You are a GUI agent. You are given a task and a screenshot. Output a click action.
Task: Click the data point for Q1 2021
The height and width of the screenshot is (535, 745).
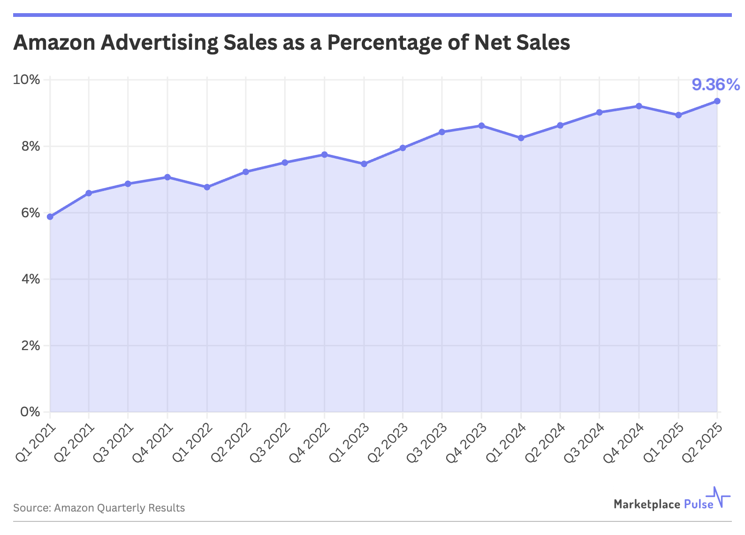click(x=50, y=217)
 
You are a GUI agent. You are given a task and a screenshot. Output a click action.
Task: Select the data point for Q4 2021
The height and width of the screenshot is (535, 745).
click(x=167, y=177)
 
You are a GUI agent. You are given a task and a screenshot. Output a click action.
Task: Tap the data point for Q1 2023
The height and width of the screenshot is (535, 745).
click(x=364, y=164)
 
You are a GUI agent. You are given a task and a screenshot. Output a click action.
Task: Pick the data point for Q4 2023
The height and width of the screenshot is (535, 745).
click(x=482, y=126)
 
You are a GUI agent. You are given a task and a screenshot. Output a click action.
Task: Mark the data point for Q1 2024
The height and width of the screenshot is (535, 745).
click(x=521, y=138)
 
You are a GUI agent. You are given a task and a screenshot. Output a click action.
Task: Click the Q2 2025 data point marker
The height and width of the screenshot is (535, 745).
click(x=717, y=101)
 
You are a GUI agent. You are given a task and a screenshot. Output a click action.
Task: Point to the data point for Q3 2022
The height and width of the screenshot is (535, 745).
click(x=285, y=162)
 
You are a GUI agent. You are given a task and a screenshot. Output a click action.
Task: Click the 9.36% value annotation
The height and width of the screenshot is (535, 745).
click(x=715, y=85)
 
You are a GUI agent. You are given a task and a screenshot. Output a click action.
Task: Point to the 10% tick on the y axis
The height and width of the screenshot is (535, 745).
click(x=27, y=80)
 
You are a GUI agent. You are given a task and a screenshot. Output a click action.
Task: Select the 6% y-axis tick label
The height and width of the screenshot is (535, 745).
click(x=29, y=213)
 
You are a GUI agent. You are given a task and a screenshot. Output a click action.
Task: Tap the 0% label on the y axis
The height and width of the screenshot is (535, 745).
click(x=29, y=412)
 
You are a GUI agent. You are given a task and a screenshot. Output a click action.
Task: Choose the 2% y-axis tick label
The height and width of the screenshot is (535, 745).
click(x=29, y=346)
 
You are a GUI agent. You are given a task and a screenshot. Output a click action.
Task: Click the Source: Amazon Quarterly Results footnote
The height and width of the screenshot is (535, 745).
click(x=99, y=508)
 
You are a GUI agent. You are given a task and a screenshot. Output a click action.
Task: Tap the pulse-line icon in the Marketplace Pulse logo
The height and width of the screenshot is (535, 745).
click(x=721, y=497)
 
